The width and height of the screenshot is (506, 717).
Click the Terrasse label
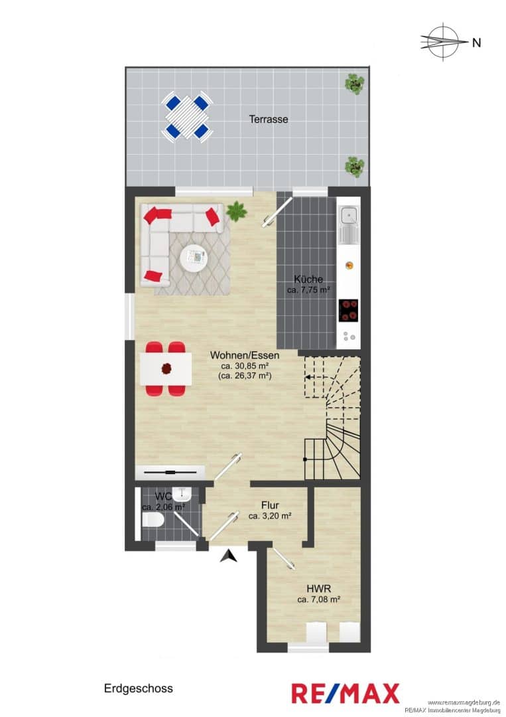pyautogui.click(x=269, y=119)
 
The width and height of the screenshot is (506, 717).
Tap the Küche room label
pyautogui.click(x=308, y=279)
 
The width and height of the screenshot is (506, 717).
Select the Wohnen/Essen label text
pyautogui.click(x=245, y=355)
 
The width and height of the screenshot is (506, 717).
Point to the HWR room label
pyautogui.click(x=319, y=588)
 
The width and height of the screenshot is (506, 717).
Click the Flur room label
pyautogui.click(x=270, y=505)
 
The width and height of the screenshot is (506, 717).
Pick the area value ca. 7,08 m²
pyautogui.click(x=319, y=599)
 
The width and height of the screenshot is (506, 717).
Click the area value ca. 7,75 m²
pyautogui.click(x=308, y=289)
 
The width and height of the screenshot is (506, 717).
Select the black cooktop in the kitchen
pyautogui.click(x=348, y=311)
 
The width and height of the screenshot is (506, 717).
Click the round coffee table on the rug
pyautogui.click(x=194, y=259)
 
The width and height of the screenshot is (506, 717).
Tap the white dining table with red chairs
pyautogui.click(x=165, y=368)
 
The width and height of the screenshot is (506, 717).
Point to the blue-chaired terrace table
pyautogui.click(x=187, y=116)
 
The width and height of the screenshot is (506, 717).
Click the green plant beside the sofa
pyautogui.click(x=236, y=211)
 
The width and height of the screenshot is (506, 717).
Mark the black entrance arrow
pyautogui.click(x=227, y=556)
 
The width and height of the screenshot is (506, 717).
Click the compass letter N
pyautogui.click(x=476, y=42)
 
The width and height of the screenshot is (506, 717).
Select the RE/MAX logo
pyautogui.click(x=346, y=692)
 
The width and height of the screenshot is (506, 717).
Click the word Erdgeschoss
pyautogui.click(x=139, y=688)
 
